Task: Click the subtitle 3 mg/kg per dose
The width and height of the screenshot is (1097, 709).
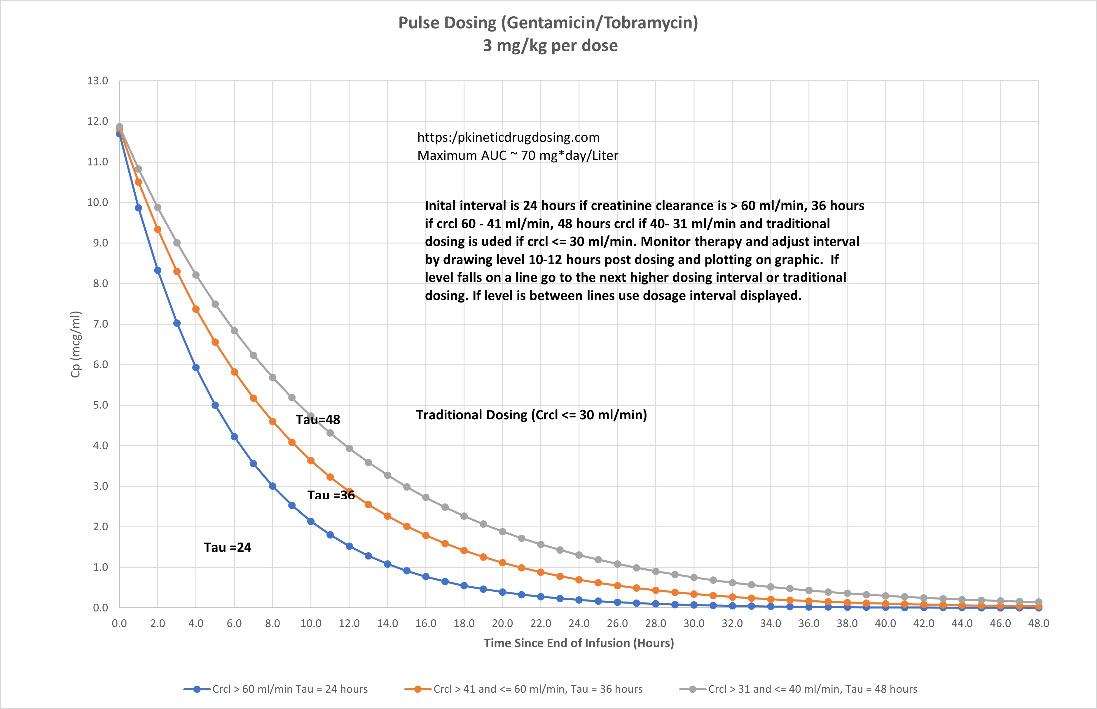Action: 550,46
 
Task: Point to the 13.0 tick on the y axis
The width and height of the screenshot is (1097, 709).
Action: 97,81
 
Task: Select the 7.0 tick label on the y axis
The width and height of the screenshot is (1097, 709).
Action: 97,324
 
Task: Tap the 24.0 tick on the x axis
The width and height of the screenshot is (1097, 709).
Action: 579,624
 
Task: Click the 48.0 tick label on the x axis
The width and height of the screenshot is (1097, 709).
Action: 1038,624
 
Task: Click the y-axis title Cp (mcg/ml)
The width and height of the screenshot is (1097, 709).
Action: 76,344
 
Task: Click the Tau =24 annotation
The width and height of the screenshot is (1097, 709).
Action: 228,548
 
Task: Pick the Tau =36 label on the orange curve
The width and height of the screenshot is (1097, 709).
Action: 331,495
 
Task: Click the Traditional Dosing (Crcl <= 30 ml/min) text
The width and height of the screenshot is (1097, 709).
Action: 531,415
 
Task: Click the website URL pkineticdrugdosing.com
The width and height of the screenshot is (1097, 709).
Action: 508,137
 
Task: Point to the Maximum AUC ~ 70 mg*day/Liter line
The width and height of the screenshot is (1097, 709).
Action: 518,156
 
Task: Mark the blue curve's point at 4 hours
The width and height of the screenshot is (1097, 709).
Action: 196,367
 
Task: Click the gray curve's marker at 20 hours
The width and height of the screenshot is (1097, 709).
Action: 502,531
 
